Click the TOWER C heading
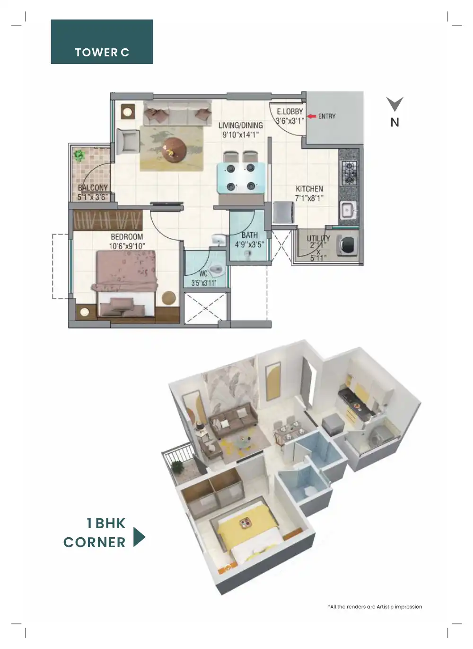click(102, 52)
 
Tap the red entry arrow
click(311, 116)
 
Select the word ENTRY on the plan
click(327, 116)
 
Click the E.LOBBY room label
click(289, 111)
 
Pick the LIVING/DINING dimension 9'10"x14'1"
click(240, 135)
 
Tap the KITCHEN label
click(309, 189)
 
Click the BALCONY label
click(93, 188)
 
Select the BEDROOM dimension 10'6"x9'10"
click(127, 246)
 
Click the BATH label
click(250, 235)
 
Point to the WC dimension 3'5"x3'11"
click(204, 283)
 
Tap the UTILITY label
click(318, 238)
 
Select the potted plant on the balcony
click(79, 155)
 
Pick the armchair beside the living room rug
click(127, 141)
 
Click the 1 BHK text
click(106, 523)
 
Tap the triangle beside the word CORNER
click(139, 537)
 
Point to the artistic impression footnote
click(375, 606)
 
